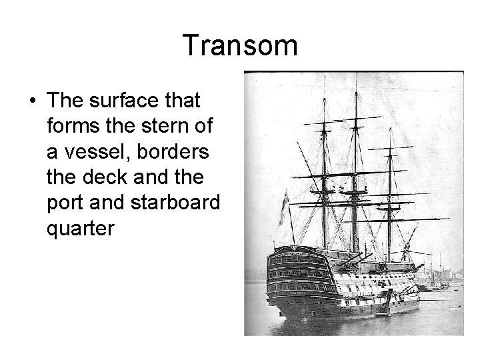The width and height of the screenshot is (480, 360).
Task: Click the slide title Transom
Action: point(240,46)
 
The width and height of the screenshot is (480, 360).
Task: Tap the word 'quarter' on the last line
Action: point(81,228)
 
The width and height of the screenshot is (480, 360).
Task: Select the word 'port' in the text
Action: point(65,203)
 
